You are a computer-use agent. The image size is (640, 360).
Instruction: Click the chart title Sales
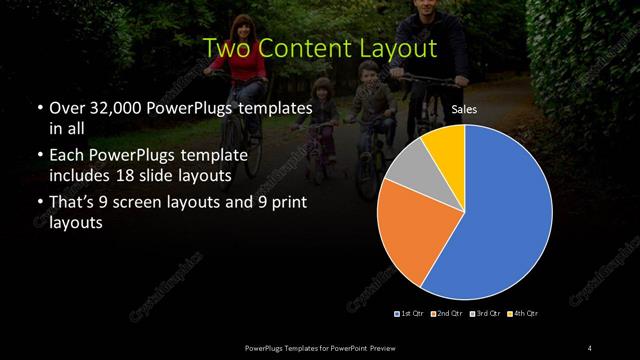463,110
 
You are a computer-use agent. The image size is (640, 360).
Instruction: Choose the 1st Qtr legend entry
410,314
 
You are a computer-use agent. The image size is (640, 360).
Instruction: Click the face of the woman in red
240,30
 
